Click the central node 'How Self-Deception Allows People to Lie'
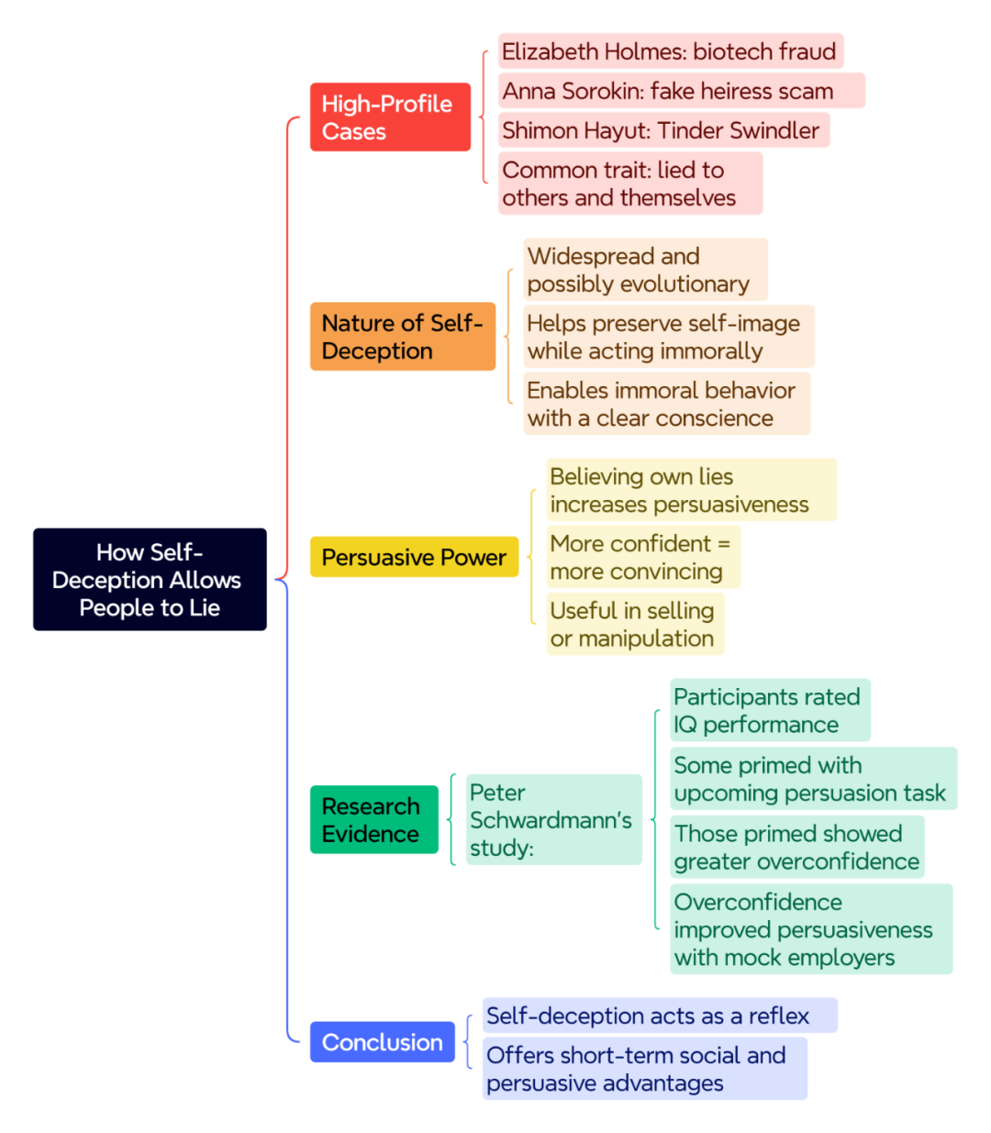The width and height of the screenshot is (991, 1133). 150,579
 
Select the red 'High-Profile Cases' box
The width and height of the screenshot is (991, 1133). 390,117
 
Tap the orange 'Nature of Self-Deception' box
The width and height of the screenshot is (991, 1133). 403,336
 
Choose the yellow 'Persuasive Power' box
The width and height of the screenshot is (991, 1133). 414,557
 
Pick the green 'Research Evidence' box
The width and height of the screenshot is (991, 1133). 373,819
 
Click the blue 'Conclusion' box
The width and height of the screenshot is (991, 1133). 383,1041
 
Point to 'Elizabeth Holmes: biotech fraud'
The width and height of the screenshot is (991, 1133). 670,51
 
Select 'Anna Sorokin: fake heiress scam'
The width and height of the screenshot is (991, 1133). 682,90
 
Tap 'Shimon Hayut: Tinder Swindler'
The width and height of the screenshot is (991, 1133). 663,130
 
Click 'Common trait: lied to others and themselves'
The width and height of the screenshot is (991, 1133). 630,183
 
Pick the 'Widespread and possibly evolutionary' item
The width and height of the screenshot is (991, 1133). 645,270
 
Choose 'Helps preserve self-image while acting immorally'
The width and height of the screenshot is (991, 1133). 669,337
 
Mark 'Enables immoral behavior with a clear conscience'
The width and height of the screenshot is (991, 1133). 667,404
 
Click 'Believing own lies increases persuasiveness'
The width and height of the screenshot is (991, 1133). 691,490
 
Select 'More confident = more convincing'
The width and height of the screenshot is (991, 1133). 643,557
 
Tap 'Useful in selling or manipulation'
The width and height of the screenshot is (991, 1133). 635,624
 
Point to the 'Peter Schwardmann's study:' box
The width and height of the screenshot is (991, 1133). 554,819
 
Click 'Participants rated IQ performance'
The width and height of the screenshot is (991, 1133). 770,710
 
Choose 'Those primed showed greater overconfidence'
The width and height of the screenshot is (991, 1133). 797,847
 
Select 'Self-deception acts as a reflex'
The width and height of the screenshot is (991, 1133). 660,1015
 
